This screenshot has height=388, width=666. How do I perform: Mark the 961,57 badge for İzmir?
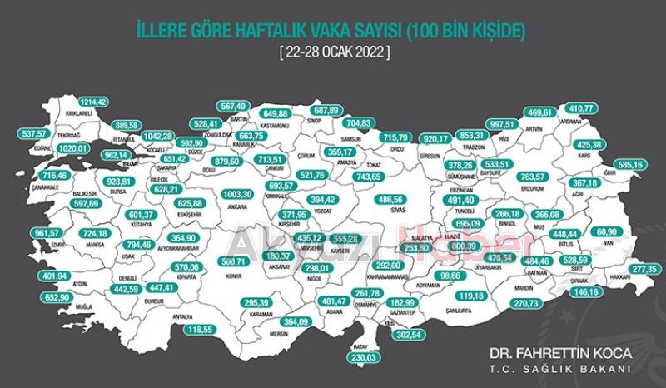coord(47,233)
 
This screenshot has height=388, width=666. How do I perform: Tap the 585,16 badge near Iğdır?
coord(627,166)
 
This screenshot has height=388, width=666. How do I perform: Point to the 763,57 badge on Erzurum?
coord(535,177)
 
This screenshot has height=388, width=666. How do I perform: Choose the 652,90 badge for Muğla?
coord(46,297)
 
